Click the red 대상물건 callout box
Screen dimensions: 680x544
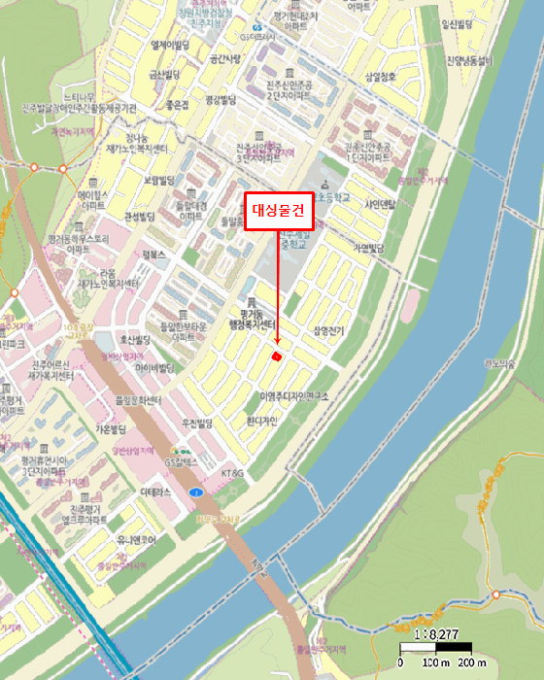click(279, 211)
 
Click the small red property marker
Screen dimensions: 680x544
click(277, 357)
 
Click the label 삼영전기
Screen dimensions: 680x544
click(328, 331)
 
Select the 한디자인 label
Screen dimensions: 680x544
click(262, 421)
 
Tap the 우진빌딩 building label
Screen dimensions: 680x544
click(197, 424)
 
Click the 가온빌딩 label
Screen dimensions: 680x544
click(113, 428)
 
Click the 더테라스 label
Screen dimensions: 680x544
click(155, 493)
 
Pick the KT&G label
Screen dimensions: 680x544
click(234, 473)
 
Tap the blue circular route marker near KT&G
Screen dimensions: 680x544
click(198, 493)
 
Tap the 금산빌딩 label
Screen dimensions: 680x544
click(165, 74)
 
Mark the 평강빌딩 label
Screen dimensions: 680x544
click(221, 99)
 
